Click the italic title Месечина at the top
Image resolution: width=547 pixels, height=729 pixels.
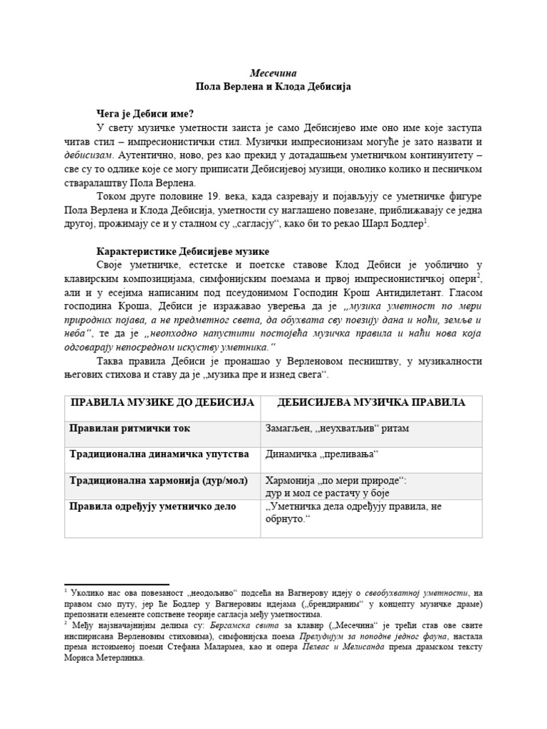pos(273,73)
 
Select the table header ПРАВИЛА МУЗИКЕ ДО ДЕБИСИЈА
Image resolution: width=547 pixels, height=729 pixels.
pos(162,403)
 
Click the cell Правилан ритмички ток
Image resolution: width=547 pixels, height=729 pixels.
pos(130,429)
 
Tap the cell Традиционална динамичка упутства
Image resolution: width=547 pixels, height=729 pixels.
pos(159,453)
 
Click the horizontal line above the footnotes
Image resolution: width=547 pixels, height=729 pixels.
pos(117,584)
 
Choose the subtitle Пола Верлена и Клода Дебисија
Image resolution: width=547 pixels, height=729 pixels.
pos(273,86)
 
